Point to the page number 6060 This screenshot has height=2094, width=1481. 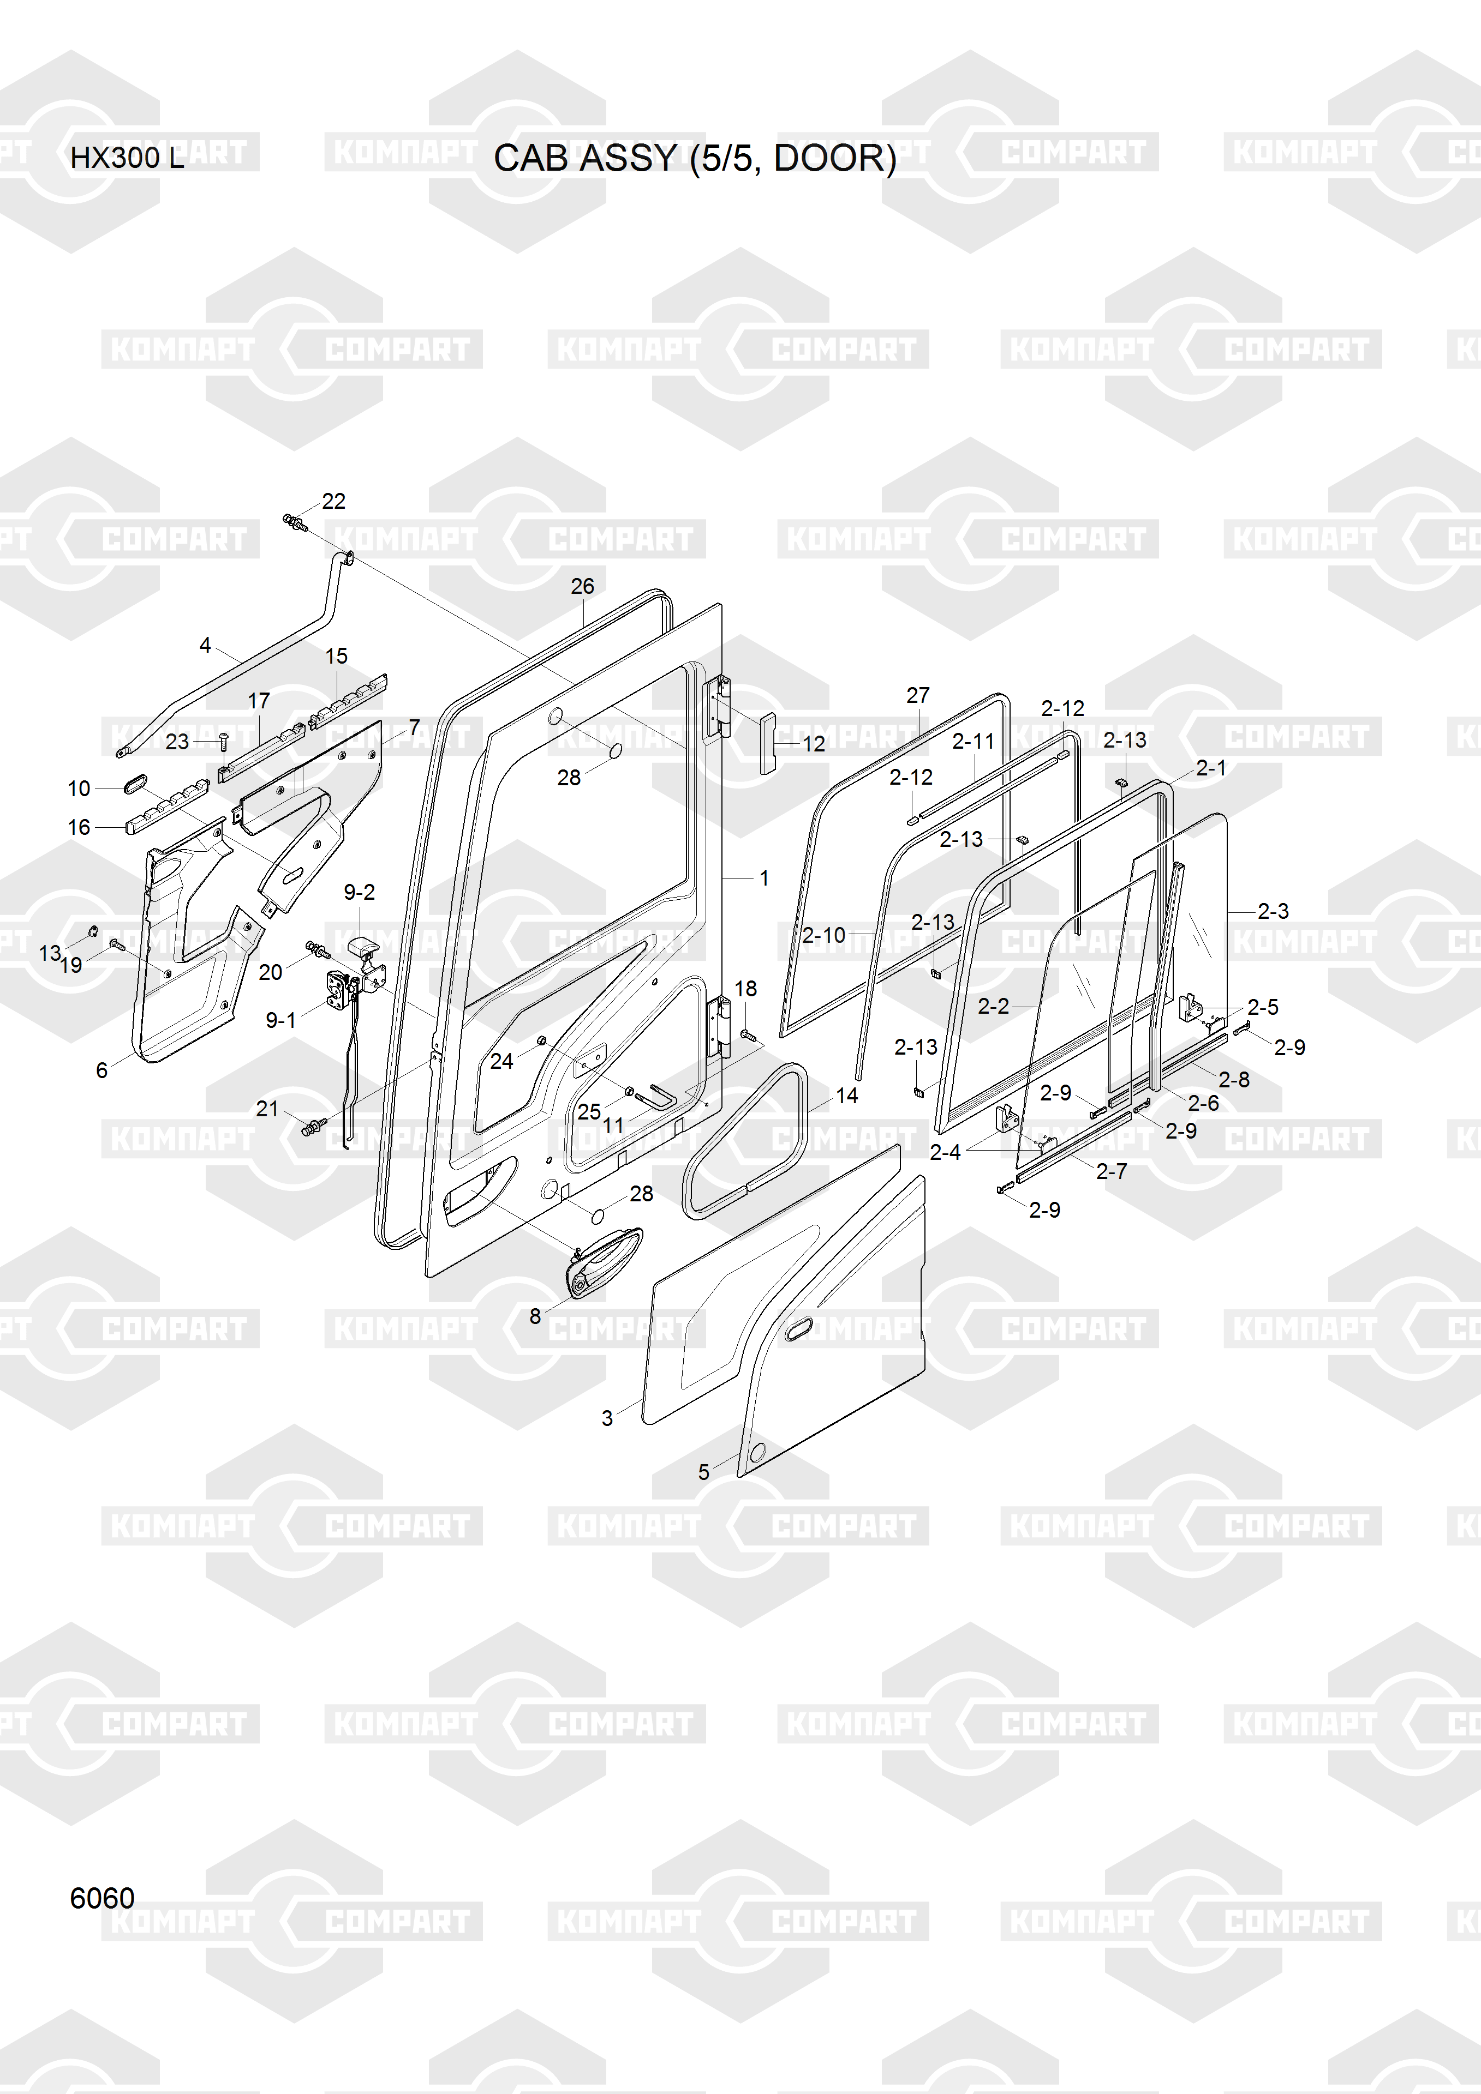click(102, 1898)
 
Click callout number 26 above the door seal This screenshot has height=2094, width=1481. click(582, 586)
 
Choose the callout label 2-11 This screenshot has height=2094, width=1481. click(973, 742)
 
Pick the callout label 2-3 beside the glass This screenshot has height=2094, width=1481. click(1273, 911)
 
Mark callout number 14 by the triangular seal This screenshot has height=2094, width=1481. click(847, 1096)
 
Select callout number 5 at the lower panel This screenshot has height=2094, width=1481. click(703, 1472)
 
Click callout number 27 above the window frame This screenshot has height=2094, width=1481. click(918, 695)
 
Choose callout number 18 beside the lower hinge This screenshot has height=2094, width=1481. click(745, 989)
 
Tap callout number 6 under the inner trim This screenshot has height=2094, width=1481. click(102, 1070)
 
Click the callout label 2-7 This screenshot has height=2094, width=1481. click(1112, 1171)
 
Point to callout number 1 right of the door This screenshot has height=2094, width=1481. click(764, 878)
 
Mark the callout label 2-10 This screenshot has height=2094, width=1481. click(824, 935)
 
